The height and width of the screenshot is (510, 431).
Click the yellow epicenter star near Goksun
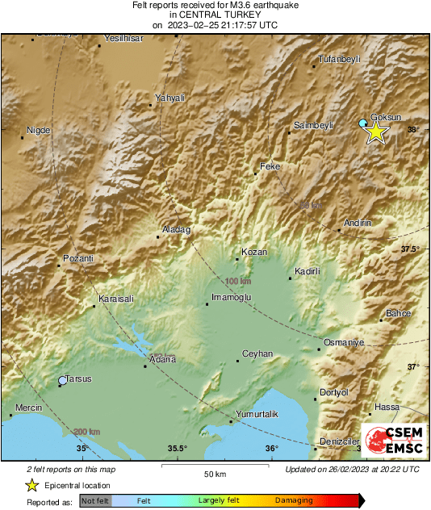pos(375,132)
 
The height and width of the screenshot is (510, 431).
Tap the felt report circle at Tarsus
pos(63,380)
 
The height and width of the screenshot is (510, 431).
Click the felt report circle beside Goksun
pos(363,123)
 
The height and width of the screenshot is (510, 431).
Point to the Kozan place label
pos(254,252)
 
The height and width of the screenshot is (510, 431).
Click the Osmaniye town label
pos(344,342)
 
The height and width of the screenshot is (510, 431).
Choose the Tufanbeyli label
pos(339,59)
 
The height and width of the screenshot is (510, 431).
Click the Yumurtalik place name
pos(256,414)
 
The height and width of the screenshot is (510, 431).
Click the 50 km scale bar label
pos(214,473)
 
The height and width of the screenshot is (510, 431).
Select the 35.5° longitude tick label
pos(178,449)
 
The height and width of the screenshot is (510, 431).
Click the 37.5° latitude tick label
pos(411,249)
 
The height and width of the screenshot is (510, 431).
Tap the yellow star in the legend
pos(31,485)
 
